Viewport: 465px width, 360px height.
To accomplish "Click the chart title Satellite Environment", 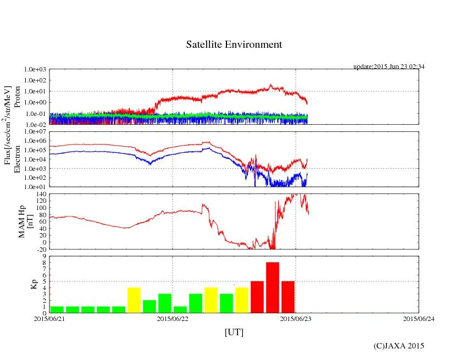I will coord(234,45).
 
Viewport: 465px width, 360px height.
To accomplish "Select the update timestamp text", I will coord(389,67).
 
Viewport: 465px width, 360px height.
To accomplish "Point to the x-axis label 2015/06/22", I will coord(173,319).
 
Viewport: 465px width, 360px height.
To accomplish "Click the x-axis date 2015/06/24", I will coord(419,319).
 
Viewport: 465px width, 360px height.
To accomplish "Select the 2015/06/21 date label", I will coord(49,319).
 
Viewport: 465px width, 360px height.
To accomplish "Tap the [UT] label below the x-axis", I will coord(234,333).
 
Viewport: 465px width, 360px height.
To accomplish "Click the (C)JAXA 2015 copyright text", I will coord(398,346).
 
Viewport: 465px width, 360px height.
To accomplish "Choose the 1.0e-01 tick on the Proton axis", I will coord(35,114).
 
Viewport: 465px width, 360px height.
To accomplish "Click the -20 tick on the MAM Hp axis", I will coord(39,249).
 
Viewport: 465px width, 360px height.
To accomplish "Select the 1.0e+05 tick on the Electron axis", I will coord(35,150).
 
